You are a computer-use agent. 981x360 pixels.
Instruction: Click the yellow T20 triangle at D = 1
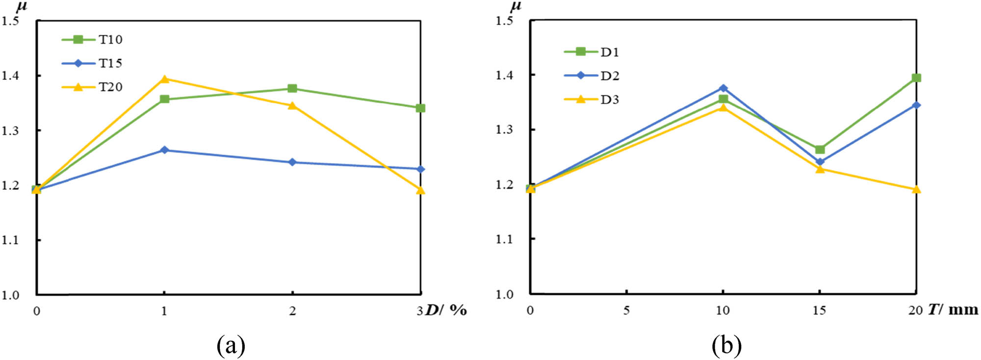(165, 79)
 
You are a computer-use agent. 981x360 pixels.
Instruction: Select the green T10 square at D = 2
(292, 88)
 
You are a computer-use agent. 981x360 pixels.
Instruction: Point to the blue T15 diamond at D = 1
(165, 150)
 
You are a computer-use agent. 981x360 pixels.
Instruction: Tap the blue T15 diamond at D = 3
(420, 169)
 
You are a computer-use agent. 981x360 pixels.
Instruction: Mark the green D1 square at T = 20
(916, 77)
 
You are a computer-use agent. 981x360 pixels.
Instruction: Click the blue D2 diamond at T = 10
(723, 88)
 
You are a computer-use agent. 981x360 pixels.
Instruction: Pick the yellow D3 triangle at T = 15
(820, 169)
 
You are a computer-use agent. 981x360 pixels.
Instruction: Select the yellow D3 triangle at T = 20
(916, 189)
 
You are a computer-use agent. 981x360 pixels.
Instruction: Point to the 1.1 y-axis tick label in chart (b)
(504, 239)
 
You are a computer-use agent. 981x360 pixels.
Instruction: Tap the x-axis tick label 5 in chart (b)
(626, 310)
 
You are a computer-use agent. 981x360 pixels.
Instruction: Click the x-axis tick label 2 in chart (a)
(292, 311)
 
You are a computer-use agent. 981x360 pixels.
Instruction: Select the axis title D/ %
(446, 310)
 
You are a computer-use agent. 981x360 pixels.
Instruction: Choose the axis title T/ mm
(953, 309)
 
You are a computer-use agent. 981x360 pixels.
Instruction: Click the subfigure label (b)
(726, 346)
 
